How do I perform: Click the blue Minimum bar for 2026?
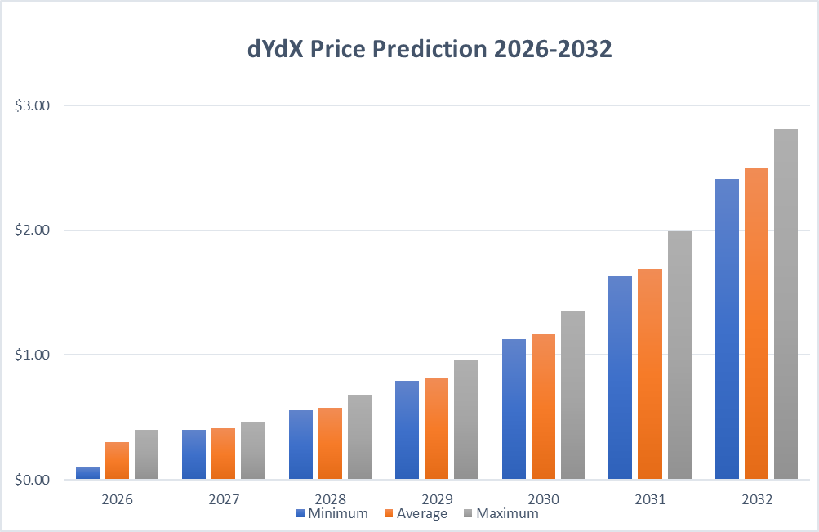(x=87, y=473)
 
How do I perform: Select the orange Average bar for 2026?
(x=117, y=460)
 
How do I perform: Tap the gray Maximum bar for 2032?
(x=786, y=304)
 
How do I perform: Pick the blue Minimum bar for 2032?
(x=727, y=329)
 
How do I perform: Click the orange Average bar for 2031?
(x=650, y=373)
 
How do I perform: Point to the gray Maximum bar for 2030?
(x=572, y=395)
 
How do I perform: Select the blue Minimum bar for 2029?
(x=407, y=430)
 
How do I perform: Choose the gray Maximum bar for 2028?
(x=359, y=436)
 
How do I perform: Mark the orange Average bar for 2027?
(x=223, y=454)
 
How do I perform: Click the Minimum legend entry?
(x=332, y=514)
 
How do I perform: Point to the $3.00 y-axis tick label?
(x=33, y=105)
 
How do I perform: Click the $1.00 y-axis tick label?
(x=33, y=355)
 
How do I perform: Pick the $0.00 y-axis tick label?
(x=33, y=480)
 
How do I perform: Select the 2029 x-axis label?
(x=436, y=498)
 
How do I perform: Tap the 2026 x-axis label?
(x=117, y=498)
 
